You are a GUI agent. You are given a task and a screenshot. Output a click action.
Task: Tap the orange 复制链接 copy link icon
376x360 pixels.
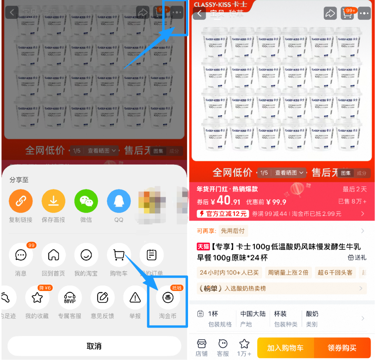[x=21, y=201]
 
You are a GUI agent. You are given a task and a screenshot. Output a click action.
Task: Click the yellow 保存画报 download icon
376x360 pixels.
[x=53, y=201]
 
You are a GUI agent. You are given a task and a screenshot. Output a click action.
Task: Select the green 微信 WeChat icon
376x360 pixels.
[x=86, y=201]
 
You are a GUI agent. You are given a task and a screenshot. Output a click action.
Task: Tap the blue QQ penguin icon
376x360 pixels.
[x=119, y=201]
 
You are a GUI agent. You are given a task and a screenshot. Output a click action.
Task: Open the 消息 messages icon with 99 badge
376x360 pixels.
[x=21, y=255]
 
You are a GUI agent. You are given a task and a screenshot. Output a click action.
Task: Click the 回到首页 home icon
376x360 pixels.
[x=53, y=255]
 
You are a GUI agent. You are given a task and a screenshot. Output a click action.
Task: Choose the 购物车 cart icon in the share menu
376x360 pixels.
[x=119, y=255]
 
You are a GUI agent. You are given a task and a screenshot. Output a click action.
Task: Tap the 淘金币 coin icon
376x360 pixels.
[x=168, y=298]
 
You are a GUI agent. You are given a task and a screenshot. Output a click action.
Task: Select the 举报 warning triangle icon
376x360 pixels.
[x=135, y=298]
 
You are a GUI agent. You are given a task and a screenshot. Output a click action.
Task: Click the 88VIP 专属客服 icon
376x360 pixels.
[x=70, y=298]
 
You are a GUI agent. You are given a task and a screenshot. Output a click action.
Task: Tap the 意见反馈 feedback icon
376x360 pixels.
[x=102, y=298]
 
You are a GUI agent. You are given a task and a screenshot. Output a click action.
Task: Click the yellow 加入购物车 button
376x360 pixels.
[x=285, y=348]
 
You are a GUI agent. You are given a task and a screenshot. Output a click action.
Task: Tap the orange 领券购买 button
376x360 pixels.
[x=342, y=348]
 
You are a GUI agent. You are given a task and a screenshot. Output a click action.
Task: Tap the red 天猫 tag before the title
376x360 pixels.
[x=203, y=247]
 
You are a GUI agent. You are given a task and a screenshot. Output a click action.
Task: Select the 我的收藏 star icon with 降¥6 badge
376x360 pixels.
[x=37, y=298]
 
